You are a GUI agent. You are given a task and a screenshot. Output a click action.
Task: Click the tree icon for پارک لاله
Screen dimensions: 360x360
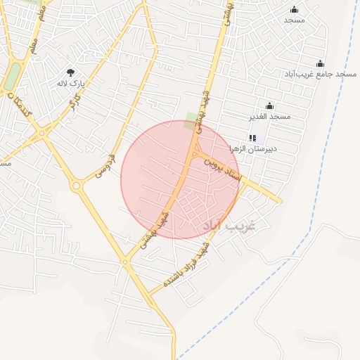pyautogui.click(x=70, y=72)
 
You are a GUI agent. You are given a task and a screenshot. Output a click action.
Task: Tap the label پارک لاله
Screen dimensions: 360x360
pyautogui.click(x=70, y=83)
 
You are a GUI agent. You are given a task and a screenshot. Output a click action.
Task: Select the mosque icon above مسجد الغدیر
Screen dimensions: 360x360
pyautogui.click(x=269, y=105)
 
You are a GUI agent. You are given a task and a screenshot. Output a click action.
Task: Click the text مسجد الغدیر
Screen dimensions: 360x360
pyautogui.click(x=269, y=116)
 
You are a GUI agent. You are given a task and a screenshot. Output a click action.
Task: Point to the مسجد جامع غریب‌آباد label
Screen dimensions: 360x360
pyautogui.click(x=316, y=74)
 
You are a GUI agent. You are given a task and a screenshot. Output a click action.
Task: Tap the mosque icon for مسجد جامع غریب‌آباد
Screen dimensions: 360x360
pyautogui.click(x=321, y=64)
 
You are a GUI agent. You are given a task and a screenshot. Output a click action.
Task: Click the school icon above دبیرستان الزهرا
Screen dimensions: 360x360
pyautogui.click(x=253, y=139)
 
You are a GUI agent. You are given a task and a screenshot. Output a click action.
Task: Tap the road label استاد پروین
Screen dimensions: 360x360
pyautogui.click(x=223, y=169)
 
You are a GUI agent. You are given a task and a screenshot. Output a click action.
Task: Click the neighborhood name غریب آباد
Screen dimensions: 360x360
pyautogui.click(x=229, y=226)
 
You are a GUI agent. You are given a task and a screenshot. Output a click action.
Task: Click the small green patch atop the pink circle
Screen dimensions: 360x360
pyautogui.click(x=191, y=117)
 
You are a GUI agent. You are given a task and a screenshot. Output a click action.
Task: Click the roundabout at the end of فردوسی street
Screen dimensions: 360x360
pyautogui.click(x=76, y=186)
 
